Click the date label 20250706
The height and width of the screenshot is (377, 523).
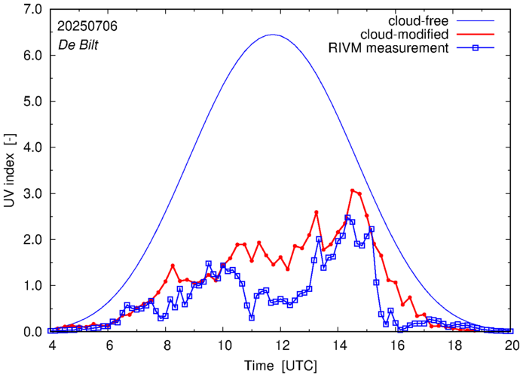tap(87, 26)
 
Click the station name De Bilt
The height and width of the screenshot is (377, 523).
tap(78, 44)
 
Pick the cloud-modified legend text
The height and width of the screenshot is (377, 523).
tap(405, 35)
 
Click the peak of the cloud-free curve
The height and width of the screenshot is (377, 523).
tap(273, 35)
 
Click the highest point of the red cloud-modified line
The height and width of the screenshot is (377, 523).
tap(352, 190)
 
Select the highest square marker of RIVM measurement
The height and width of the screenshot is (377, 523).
tap(347, 217)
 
